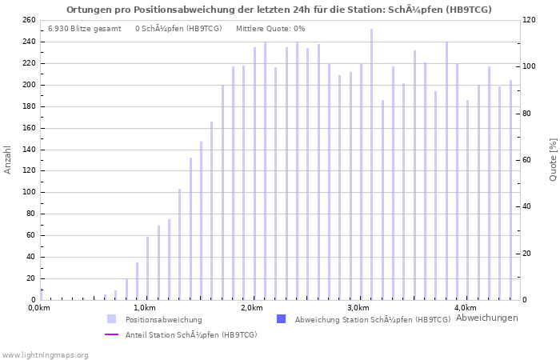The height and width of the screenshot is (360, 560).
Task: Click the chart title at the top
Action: click(x=279, y=10)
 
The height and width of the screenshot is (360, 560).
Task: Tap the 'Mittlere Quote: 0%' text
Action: click(x=270, y=29)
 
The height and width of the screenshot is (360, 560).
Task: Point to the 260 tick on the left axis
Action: click(x=28, y=20)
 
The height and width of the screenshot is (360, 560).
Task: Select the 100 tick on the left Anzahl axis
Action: click(x=28, y=192)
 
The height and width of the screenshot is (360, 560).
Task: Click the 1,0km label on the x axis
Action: click(x=145, y=308)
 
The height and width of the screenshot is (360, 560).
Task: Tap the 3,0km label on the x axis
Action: click(x=359, y=308)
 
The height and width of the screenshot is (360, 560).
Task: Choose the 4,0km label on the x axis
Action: click(x=466, y=308)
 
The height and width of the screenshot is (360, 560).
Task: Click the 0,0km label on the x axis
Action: click(x=38, y=308)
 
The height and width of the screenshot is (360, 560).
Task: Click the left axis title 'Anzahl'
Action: click(x=8, y=160)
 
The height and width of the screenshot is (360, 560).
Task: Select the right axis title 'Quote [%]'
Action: click(x=553, y=160)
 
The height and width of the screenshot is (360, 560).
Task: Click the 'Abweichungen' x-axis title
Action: click(x=486, y=318)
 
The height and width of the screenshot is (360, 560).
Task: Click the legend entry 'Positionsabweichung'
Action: click(x=163, y=319)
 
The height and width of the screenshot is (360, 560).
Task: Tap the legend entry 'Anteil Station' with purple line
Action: click(x=190, y=334)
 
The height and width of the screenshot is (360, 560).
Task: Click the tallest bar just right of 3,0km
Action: click(x=371, y=164)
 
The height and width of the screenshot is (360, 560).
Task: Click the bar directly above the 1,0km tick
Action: click(x=147, y=268)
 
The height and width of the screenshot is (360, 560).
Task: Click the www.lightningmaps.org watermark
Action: click(x=45, y=354)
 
